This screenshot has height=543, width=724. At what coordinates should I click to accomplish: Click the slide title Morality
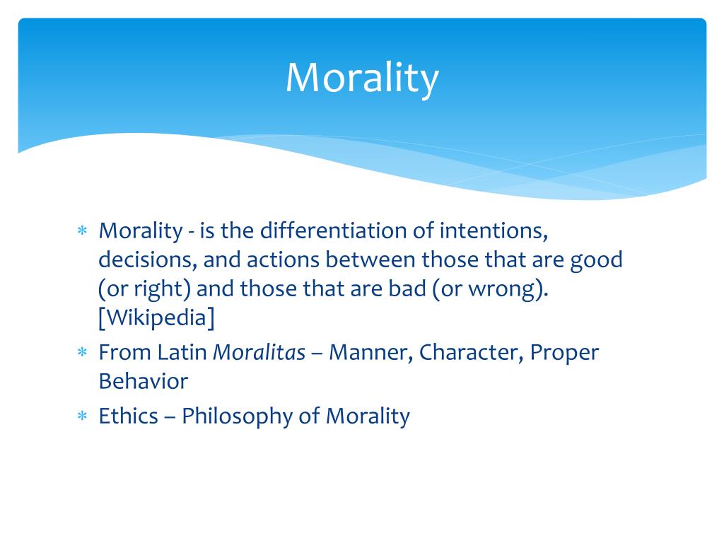point(362,77)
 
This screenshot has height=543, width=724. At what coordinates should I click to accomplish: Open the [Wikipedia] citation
point(156,320)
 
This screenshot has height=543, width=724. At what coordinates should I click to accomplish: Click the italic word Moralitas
point(259,351)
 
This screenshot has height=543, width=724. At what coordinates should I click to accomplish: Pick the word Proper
point(564,351)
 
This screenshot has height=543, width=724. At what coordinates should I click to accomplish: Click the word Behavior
point(144,381)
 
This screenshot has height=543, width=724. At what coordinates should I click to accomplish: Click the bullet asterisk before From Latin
point(82,352)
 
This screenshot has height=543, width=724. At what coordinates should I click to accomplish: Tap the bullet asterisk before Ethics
point(82,416)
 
